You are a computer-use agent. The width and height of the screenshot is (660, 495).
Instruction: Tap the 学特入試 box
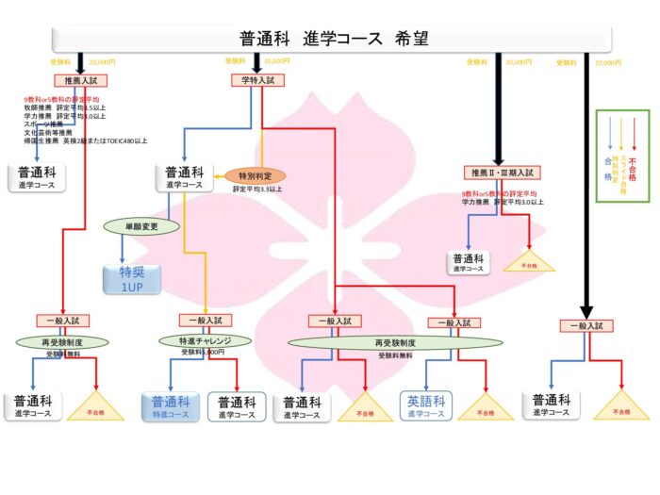click(x=256, y=81)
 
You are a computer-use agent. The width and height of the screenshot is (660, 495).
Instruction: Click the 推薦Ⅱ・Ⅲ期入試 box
click(x=503, y=173)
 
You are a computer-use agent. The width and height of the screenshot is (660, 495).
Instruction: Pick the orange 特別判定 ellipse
click(x=255, y=176)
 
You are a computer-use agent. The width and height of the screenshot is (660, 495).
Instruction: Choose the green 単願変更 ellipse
click(x=140, y=227)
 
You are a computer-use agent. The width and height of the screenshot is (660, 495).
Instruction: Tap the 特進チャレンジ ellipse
click(x=206, y=340)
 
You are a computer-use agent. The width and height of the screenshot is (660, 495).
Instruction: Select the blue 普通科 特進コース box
click(x=171, y=407)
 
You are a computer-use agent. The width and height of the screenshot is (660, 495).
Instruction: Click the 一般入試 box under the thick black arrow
click(x=587, y=325)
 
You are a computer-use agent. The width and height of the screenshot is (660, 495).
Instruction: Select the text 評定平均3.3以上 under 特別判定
click(x=256, y=190)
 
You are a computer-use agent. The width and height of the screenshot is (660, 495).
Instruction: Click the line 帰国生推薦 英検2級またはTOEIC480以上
click(x=86, y=140)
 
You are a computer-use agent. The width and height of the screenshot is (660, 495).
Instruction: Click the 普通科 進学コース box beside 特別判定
click(x=184, y=177)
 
